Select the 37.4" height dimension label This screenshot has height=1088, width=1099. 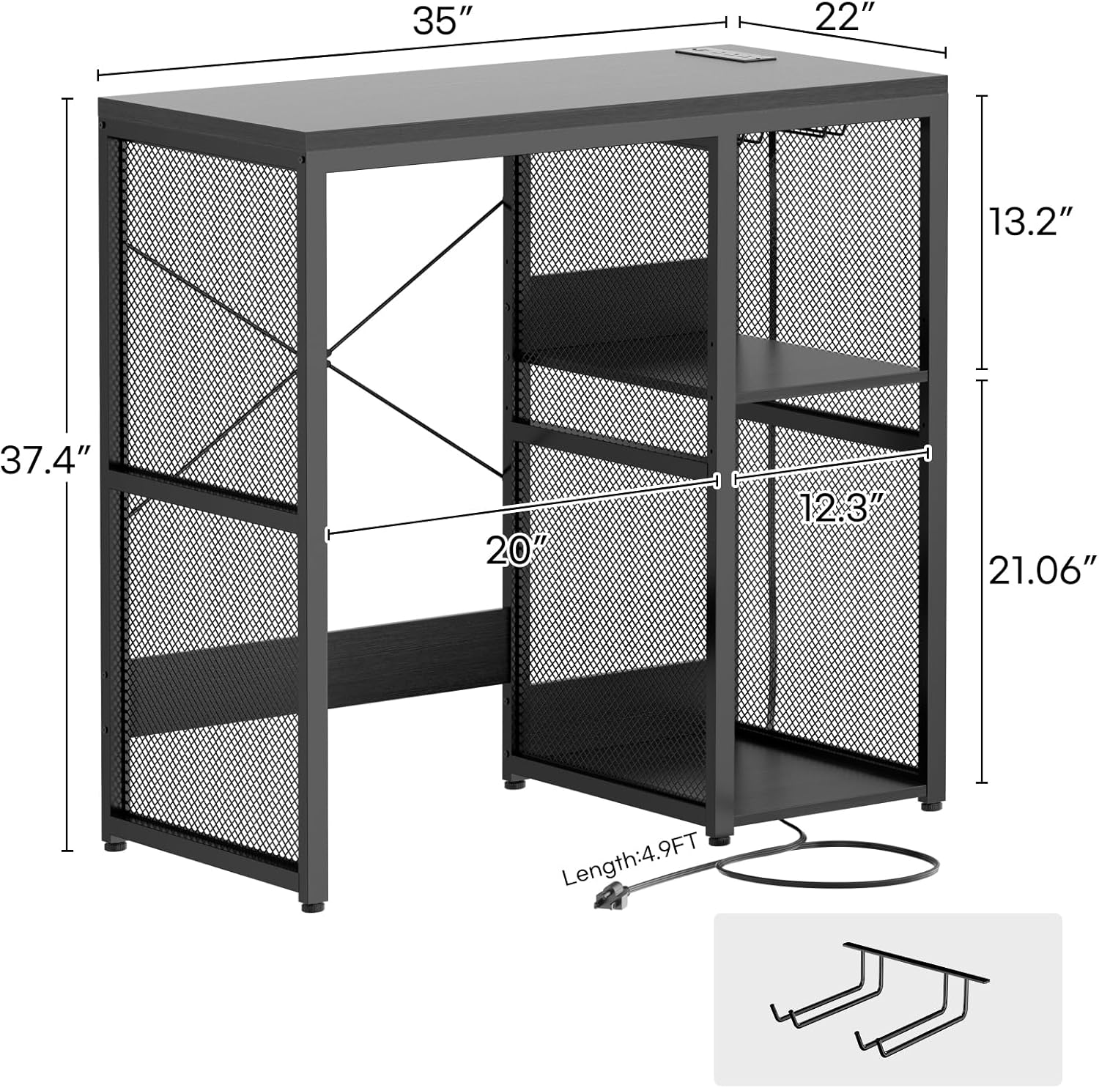(x=45, y=460)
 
